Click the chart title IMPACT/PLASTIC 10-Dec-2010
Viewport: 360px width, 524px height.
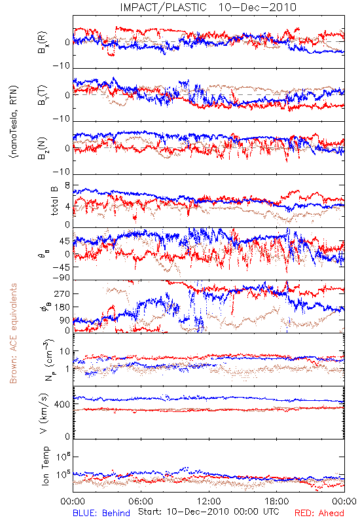208,7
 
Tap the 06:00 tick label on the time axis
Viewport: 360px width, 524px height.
141,501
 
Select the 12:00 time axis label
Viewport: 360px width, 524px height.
209,501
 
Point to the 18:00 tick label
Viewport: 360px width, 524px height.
276,501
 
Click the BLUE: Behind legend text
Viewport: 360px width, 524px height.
101,513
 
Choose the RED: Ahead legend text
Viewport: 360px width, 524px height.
319,513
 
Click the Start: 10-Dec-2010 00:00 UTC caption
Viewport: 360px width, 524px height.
209,512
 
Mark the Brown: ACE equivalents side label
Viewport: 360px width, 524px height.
13,333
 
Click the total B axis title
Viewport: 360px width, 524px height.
54,200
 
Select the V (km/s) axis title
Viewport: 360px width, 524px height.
45,413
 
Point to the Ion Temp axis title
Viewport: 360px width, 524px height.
45,466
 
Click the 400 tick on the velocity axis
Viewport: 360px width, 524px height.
62,404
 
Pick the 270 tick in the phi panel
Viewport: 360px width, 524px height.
62,293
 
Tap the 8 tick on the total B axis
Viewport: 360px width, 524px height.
67,185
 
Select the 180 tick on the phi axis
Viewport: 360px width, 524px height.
62,307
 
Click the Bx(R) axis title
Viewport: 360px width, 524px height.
43,42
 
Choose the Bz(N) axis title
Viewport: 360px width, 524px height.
43,148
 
